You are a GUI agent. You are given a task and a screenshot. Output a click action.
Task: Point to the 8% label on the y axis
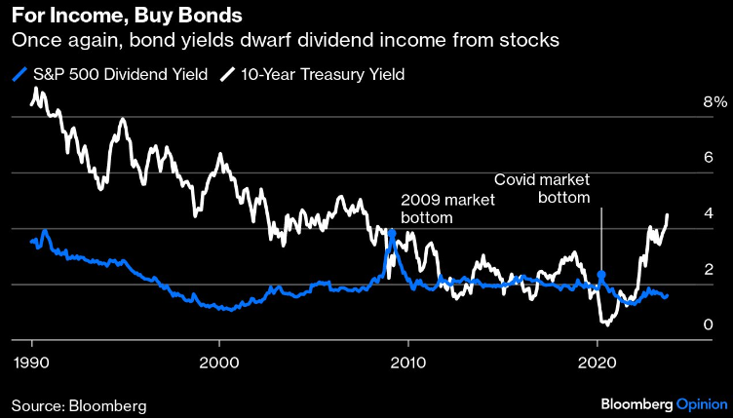click(688, 102)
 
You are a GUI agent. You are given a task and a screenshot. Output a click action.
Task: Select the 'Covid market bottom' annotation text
click(543, 188)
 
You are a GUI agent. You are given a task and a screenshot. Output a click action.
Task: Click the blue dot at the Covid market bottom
click(601, 276)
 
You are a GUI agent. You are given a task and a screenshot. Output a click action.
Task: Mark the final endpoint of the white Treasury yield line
click(667, 215)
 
